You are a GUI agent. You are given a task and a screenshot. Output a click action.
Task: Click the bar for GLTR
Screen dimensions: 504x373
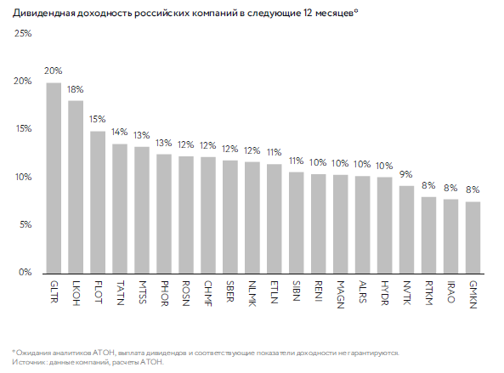click(54, 178)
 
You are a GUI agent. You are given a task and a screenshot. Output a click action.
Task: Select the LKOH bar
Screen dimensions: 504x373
click(76, 187)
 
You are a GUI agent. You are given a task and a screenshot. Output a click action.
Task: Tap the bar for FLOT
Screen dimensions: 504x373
click(98, 202)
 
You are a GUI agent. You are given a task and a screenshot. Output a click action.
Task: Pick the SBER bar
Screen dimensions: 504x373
click(230, 218)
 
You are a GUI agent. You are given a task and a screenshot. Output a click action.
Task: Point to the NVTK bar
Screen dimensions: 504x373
click(406, 229)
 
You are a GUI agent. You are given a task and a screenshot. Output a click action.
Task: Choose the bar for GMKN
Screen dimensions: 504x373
click(473, 238)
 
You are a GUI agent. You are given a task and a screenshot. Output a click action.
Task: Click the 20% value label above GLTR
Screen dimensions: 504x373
click(54, 71)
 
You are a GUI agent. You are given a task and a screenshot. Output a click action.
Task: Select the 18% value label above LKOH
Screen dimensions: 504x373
click(75, 89)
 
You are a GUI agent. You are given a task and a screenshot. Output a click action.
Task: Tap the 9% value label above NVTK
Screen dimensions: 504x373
click(406, 174)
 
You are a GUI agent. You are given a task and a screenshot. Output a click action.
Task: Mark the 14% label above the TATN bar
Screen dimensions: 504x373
click(119, 132)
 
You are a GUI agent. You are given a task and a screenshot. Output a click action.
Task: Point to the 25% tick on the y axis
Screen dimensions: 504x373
click(23, 33)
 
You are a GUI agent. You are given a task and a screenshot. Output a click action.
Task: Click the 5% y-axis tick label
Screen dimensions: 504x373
click(25, 224)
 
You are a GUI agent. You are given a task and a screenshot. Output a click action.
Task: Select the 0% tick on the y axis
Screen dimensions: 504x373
click(25, 272)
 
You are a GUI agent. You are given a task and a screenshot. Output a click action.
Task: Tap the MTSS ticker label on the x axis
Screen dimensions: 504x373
click(143, 292)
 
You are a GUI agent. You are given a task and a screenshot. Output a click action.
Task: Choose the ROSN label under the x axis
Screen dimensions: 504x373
click(186, 293)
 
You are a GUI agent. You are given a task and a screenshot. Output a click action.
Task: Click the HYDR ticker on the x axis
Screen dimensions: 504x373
click(385, 293)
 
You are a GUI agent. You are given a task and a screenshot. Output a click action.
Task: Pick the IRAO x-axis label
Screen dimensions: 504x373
click(451, 291)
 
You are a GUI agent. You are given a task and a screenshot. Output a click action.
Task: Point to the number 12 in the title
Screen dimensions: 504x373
click(307, 13)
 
